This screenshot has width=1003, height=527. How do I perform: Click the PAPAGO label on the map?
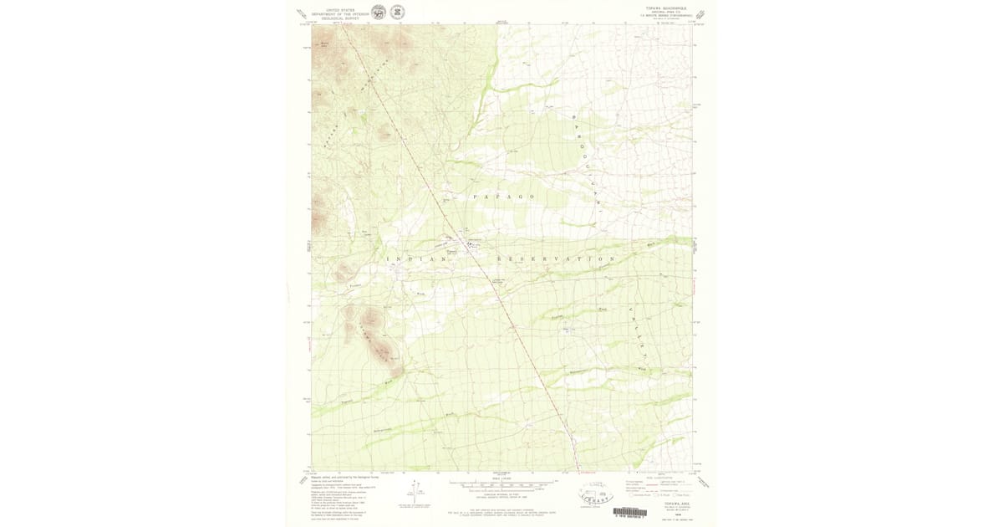click(503, 196)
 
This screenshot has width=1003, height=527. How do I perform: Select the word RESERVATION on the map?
click(555, 259)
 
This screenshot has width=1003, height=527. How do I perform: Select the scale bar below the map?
click(501, 484)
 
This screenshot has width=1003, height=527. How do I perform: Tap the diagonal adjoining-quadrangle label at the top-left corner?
click(302, 14)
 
